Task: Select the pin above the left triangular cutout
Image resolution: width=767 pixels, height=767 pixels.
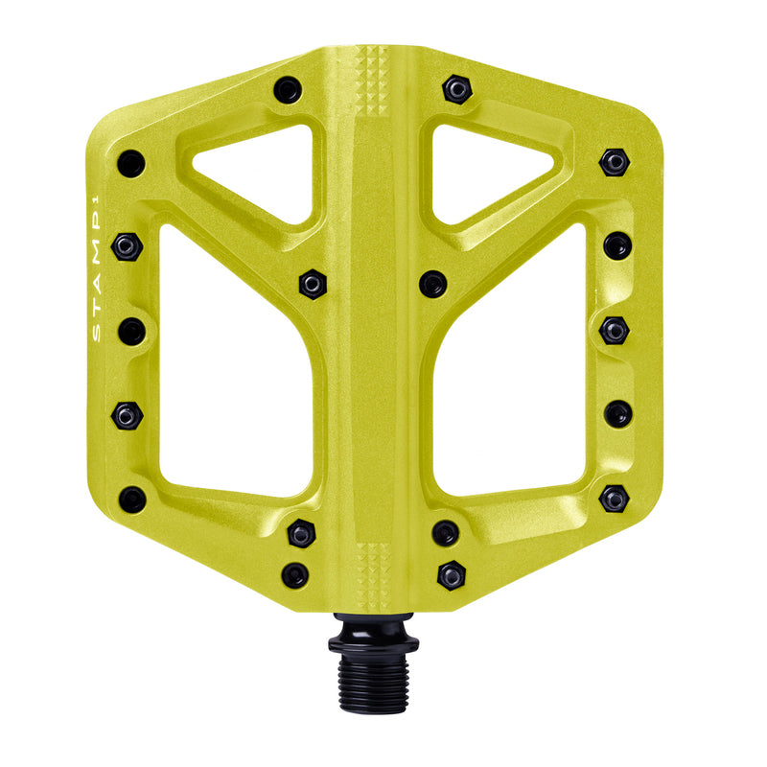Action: click(x=287, y=90)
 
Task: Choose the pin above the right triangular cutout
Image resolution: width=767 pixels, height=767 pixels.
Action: click(x=456, y=89)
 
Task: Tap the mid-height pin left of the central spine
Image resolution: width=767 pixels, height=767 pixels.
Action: click(x=312, y=283)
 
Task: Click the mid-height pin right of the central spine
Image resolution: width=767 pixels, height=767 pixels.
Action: click(x=432, y=283)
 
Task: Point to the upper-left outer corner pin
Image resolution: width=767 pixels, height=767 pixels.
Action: click(x=131, y=163)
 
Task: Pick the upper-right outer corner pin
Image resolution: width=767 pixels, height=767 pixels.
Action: click(x=614, y=161)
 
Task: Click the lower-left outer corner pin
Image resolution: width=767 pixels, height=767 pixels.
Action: click(x=131, y=499)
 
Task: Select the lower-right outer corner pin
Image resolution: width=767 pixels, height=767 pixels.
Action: click(x=614, y=499)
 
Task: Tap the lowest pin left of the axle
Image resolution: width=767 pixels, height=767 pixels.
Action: click(x=295, y=575)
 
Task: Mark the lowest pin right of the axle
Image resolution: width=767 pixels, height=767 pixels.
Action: click(x=451, y=575)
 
